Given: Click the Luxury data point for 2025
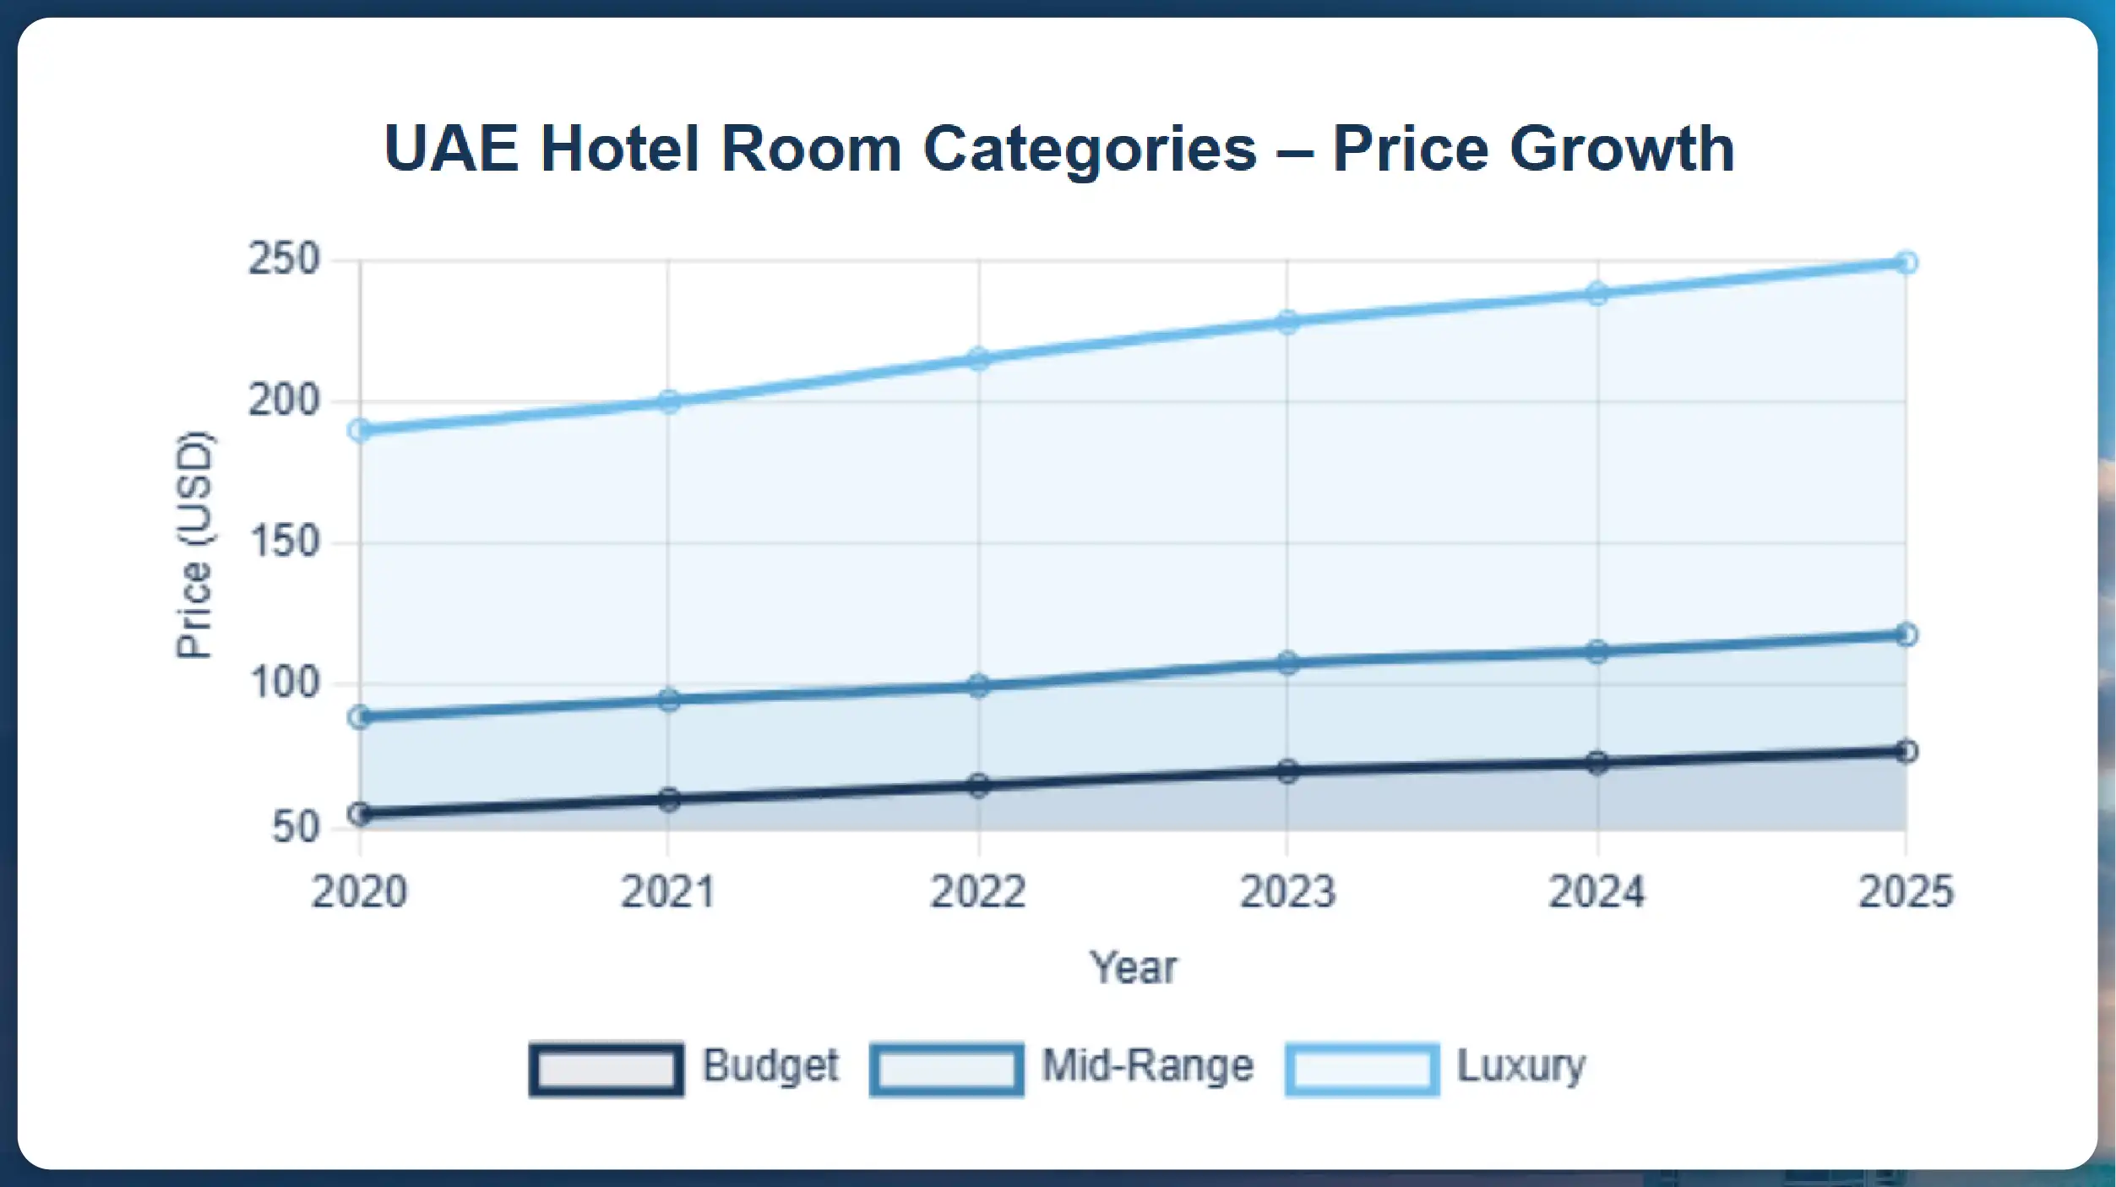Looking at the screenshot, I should click(x=1906, y=263).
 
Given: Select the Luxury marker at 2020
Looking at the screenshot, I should click(x=360, y=430).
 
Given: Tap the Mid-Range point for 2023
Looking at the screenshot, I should click(x=1287, y=662).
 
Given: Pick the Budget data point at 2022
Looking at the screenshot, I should click(x=978, y=785).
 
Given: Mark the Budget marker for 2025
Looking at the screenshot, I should click(x=1906, y=751).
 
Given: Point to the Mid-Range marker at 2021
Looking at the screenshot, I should click(x=668, y=700).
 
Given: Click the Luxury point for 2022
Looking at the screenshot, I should click(x=978, y=359).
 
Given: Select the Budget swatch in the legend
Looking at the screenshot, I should click(x=606, y=1069).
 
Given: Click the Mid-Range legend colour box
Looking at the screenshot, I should click(x=946, y=1069).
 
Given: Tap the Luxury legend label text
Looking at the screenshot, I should click(x=1520, y=1066).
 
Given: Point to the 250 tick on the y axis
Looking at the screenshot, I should click(x=285, y=259).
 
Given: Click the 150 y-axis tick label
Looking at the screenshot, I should click(x=285, y=542).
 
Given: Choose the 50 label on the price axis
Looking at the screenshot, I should click(x=296, y=826).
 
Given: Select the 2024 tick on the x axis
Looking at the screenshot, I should click(x=1597, y=892).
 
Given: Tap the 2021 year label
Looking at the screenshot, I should click(x=668, y=892).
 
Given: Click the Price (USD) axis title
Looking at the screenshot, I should click(x=194, y=544).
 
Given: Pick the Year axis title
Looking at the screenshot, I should click(x=1132, y=968).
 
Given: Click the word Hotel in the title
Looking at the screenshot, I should click(x=620, y=149).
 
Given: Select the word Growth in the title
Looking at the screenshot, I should click(x=1622, y=149).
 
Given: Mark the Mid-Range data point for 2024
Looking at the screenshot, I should click(x=1597, y=651).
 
